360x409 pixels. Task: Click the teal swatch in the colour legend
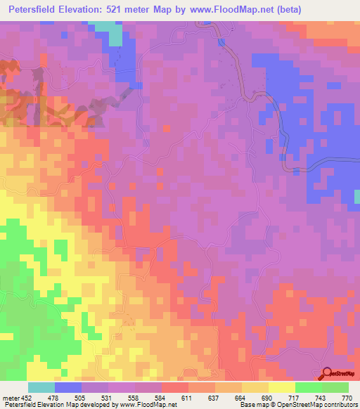tap(41, 388)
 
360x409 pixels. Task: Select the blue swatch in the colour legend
tap(68, 388)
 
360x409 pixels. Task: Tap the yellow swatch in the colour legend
tap(281, 388)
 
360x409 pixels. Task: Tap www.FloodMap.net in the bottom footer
tap(148, 405)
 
